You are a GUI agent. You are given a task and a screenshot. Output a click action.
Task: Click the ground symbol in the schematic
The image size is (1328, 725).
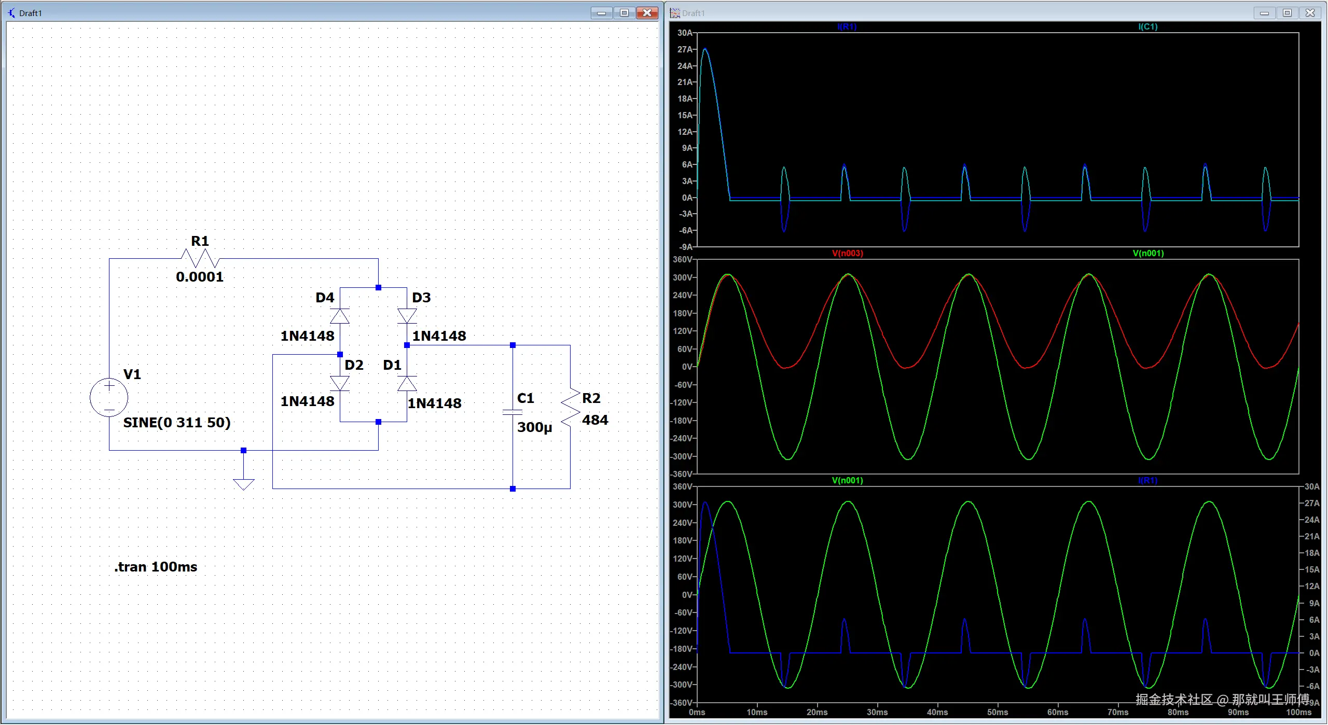pyautogui.click(x=244, y=484)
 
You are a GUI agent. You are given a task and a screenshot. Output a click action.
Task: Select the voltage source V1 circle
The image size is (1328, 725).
pyautogui.click(x=109, y=398)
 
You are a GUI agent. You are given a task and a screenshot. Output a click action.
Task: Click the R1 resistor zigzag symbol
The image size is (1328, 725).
pyautogui.click(x=200, y=258)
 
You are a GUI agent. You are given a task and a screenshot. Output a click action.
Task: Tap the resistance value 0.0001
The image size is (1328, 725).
pyautogui.click(x=200, y=277)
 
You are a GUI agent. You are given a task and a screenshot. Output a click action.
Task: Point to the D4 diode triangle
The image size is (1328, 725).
pyautogui.click(x=340, y=316)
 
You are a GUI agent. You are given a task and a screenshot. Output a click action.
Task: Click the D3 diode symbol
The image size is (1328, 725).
pyautogui.click(x=407, y=316)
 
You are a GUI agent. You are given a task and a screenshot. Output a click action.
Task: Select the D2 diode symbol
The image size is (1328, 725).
pyautogui.click(x=340, y=383)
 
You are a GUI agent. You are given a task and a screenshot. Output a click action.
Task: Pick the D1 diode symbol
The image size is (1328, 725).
pyautogui.click(x=407, y=383)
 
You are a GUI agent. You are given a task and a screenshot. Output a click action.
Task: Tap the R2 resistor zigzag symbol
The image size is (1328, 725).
pyautogui.click(x=570, y=408)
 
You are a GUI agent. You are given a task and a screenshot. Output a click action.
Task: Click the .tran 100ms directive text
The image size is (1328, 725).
pyautogui.click(x=156, y=567)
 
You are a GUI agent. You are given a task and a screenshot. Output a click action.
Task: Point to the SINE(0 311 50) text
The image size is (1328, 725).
pyautogui.click(x=177, y=423)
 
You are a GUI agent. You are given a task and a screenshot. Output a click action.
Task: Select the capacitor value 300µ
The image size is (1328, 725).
pyautogui.click(x=535, y=427)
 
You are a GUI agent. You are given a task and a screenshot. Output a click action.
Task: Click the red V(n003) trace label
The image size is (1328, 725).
pyautogui.click(x=848, y=253)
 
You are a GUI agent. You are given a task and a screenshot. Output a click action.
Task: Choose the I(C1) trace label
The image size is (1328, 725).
pyautogui.click(x=1148, y=26)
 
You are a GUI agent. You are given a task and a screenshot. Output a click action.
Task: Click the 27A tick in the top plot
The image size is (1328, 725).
pyautogui.click(x=685, y=49)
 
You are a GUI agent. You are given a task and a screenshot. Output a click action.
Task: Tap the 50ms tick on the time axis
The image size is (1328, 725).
pyautogui.click(x=998, y=712)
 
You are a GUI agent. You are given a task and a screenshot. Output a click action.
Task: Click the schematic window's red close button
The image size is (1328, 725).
pyautogui.click(x=647, y=12)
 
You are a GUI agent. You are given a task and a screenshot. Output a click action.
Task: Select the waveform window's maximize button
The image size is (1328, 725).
pyautogui.click(x=1287, y=12)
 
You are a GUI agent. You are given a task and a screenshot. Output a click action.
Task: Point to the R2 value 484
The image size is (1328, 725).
pyautogui.click(x=595, y=420)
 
